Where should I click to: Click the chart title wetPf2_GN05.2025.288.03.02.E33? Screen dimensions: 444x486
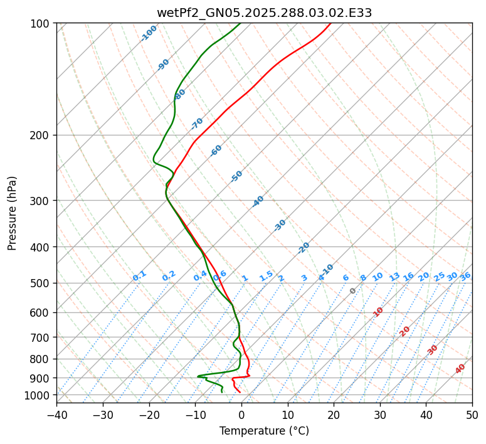click(x=264, y=13)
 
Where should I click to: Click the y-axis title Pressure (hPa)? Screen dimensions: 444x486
click(x=13, y=213)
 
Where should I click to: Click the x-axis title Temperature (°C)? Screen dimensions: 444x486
click(x=264, y=431)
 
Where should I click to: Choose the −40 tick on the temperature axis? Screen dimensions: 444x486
click(x=56, y=415)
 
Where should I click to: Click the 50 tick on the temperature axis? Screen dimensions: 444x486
click(x=472, y=415)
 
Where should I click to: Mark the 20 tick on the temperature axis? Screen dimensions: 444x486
click(x=334, y=415)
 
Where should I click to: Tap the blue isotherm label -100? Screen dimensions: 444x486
click(x=149, y=33)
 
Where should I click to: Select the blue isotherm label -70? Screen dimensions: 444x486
click(x=197, y=123)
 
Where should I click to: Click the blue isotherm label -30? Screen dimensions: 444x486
click(x=280, y=225)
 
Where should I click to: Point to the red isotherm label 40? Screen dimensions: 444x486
click(x=460, y=369)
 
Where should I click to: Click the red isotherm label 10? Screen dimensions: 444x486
click(x=378, y=312)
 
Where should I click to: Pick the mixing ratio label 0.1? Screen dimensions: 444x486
click(x=139, y=276)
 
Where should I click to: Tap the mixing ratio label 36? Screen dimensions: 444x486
click(x=465, y=276)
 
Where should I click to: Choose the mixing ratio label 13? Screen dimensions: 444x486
click(x=394, y=277)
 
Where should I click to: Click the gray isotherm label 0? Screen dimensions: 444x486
click(x=353, y=291)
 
